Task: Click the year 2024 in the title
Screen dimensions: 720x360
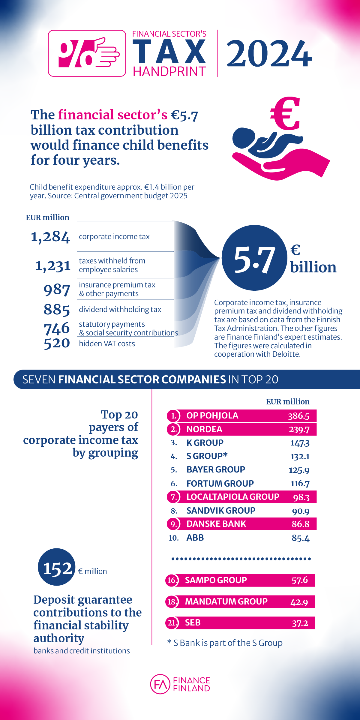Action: [x=269, y=54]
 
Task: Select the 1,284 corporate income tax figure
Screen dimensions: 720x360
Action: [x=50, y=237]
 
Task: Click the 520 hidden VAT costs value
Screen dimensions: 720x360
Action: [x=57, y=343]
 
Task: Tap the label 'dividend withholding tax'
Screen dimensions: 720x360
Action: [x=120, y=309]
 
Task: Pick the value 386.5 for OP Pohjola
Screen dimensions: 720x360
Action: [x=298, y=416]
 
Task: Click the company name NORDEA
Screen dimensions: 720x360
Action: [x=204, y=429]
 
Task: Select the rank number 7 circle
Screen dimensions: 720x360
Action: [x=174, y=497]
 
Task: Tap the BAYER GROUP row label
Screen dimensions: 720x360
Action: [x=216, y=469]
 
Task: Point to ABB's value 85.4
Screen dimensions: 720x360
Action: [x=300, y=538]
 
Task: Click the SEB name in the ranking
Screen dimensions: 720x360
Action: [x=193, y=623]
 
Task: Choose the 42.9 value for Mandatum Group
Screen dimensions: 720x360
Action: [x=299, y=602]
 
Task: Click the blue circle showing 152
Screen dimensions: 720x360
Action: [x=57, y=567]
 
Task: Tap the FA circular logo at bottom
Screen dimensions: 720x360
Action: [x=160, y=684]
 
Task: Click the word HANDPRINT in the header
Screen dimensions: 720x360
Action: [x=169, y=72]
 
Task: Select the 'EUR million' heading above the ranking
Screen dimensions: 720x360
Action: [x=288, y=402]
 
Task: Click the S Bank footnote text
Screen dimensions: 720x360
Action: [x=225, y=643]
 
